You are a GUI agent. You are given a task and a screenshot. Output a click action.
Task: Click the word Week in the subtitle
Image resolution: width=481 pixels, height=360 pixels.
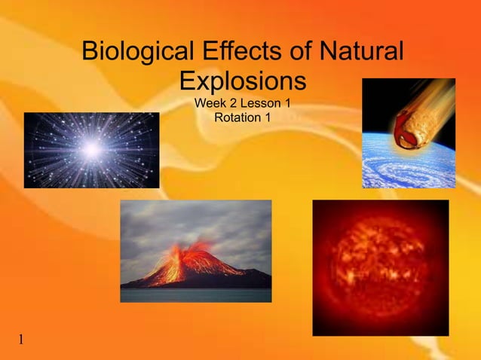tap(210, 102)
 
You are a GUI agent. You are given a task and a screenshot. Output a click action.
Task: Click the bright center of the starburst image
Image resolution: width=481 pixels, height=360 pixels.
tap(92, 150)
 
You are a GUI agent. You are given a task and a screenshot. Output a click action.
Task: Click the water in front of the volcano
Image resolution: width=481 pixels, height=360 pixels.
tap(195, 294)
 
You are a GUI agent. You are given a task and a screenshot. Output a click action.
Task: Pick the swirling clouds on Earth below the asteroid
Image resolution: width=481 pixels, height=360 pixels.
tap(400, 169)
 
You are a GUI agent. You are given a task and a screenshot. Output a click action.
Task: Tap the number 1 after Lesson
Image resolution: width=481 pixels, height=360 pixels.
tap(287, 102)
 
